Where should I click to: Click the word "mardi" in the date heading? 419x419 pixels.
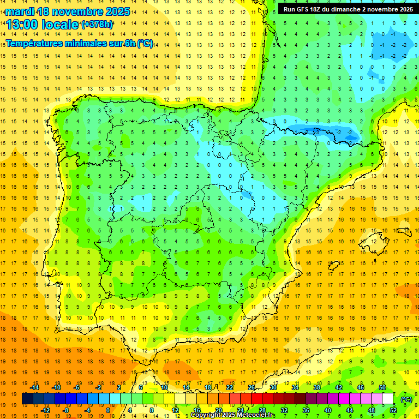click(x=20, y=11)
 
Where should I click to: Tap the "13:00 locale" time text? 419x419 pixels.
click(x=42, y=24)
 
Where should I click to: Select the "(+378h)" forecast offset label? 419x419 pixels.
click(x=97, y=24)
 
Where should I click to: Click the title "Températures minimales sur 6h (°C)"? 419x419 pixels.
click(x=79, y=44)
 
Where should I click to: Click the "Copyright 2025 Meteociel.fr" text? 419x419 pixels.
click(x=232, y=415)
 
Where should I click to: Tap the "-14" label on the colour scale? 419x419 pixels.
click(x=36, y=387)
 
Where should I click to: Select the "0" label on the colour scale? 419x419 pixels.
click(x=108, y=410)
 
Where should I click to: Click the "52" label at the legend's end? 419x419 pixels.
click(x=393, y=410)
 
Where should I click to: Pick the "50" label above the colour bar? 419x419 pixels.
click(x=382, y=387)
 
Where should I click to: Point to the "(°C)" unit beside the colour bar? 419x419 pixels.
click(x=406, y=399)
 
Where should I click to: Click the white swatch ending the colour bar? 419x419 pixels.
click(x=388, y=399)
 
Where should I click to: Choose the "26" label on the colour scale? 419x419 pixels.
click(x=252, y=387)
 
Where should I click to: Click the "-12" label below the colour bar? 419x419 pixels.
click(x=46, y=410)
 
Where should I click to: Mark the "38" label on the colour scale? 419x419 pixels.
click(x=317, y=387)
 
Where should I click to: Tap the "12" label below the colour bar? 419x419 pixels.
click(x=175, y=410)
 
